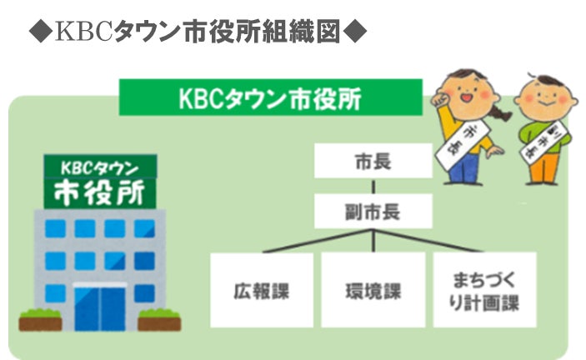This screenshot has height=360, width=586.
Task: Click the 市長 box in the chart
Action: point(373,160)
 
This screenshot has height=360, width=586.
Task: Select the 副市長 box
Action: point(373,211)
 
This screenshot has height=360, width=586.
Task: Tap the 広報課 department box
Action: point(261,290)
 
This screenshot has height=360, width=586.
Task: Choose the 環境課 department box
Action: point(373,290)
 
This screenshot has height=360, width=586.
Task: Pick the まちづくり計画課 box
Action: point(484,290)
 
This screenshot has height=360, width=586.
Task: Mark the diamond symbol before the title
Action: point(39,32)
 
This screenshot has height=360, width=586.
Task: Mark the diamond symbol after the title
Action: point(355,32)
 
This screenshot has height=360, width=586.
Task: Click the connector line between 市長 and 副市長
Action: point(373,186)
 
